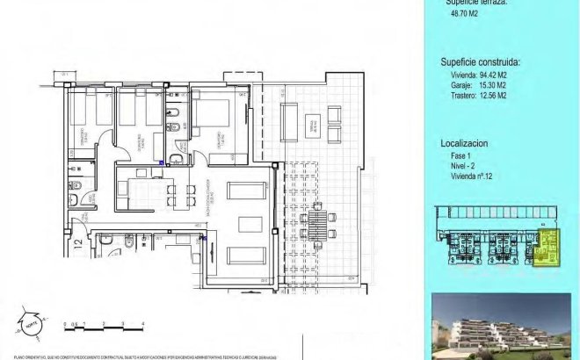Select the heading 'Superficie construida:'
480,62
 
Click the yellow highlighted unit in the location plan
547,249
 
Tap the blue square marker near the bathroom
161,162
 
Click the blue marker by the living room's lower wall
204,237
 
